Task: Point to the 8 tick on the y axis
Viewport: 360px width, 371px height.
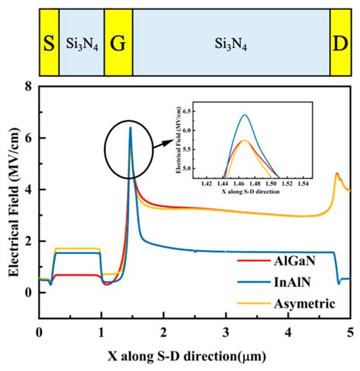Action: click(29, 87)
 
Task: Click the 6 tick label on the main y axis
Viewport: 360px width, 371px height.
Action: click(29, 138)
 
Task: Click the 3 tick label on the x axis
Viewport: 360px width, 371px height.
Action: click(226, 332)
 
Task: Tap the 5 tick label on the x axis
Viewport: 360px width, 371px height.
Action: click(349, 332)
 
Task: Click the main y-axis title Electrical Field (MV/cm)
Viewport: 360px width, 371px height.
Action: click(10, 190)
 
